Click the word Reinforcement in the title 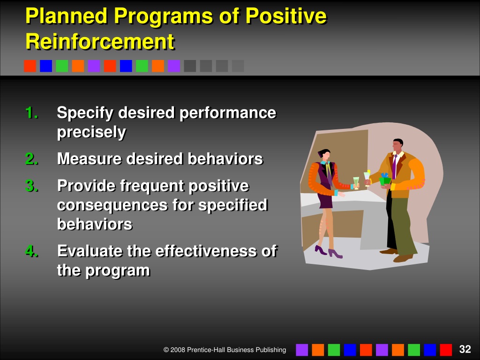[100, 41]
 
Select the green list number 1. [31, 112]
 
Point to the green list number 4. [32, 251]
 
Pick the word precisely [91, 133]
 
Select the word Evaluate [90, 251]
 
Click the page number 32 [465, 349]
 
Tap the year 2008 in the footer [178, 350]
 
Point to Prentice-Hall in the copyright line [202, 350]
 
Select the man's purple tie [394, 166]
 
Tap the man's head [398, 146]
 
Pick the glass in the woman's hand [356, 183]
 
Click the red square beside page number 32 [446, 350]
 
